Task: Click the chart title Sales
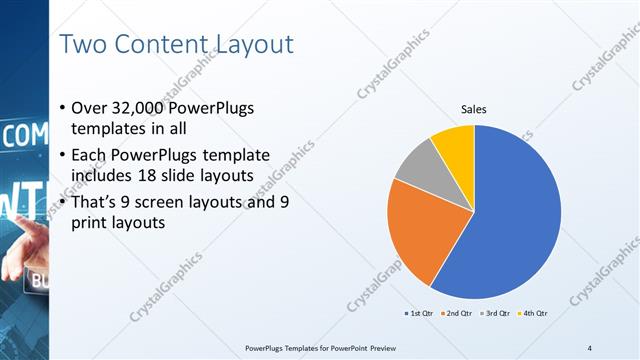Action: (474, 109)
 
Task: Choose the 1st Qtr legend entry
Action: (417, 313)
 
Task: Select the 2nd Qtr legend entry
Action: (456, 313)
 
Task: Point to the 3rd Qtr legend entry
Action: (495, 313)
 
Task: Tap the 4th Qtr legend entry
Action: (533, 313)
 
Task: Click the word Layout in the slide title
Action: (250, 45)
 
